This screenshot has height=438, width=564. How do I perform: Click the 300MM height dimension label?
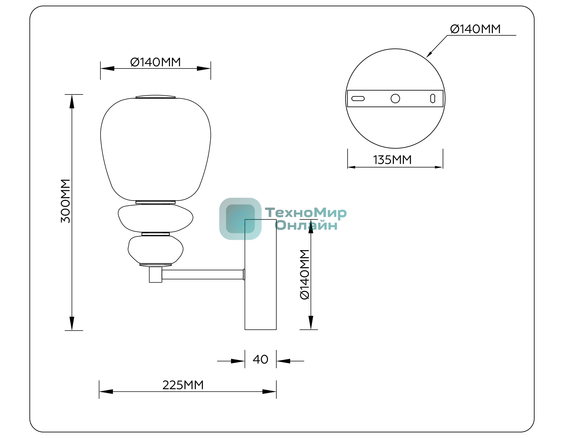65,201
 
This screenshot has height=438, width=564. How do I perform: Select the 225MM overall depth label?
183,385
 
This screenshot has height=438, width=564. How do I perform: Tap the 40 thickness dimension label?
260,359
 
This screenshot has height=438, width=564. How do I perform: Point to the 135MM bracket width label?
392,160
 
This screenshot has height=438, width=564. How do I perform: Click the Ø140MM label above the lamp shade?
155,62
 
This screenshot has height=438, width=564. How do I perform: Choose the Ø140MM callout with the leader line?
475,29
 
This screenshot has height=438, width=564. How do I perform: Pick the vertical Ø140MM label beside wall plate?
305,274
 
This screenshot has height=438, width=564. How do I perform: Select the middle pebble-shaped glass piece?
155,218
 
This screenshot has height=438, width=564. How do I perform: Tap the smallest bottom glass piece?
155,250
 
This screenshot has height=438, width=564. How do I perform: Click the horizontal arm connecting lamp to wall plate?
203,274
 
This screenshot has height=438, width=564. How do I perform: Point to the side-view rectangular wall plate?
260,274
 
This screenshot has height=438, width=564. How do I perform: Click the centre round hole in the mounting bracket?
395,99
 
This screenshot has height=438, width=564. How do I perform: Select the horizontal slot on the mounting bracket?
358,99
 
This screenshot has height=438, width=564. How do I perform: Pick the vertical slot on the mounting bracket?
433,99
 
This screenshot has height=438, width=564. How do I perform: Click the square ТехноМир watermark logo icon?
240,219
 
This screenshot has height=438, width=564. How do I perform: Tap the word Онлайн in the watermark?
306,225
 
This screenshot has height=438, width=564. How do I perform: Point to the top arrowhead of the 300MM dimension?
72,101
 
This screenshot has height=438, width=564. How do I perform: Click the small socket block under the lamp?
155,274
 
